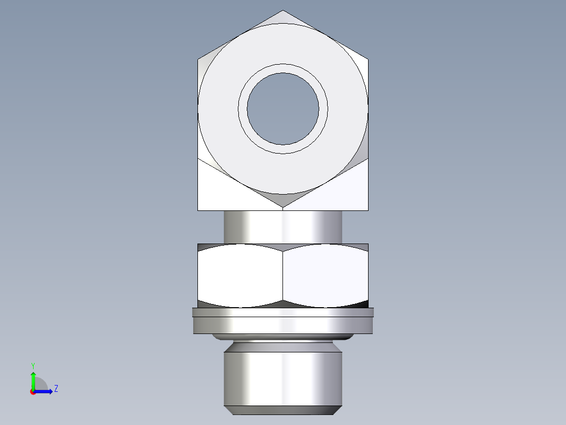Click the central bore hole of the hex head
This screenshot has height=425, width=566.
pos(283,109)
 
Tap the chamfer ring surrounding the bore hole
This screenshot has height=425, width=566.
pos(283,68)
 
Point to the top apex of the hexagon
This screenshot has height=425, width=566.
pos(283,11)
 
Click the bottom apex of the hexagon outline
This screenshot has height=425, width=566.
pos(283,209)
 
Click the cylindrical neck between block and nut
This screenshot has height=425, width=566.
pos(283,227)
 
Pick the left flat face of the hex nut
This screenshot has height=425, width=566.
pos(240,275)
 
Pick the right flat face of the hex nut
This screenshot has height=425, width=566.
pos(326,275)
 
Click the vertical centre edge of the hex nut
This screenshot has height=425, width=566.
pos(283,275)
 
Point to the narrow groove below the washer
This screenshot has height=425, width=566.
pos(283,340)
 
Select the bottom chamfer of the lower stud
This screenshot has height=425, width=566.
pos(283,410)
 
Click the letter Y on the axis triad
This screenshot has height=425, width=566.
pos(33,365)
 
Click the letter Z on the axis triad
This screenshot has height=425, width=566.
pos(56,389)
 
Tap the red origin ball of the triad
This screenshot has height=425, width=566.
pos(33,391)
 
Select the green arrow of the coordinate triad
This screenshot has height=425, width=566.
pos(33,379)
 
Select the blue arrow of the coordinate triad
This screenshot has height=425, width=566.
pos(45,391)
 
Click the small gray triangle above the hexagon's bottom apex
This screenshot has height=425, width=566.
pos(283,199)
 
